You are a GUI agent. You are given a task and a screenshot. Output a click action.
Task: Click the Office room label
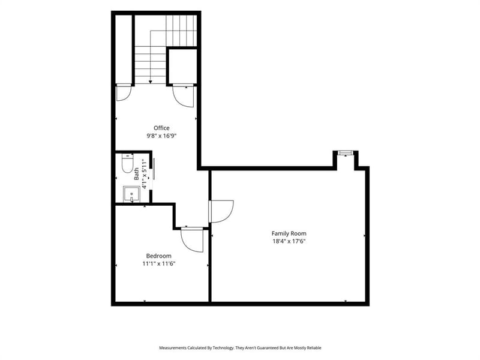point(161,128)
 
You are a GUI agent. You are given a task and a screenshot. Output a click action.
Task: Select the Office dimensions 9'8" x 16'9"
point(161,136)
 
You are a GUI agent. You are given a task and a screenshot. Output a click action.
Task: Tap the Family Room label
point(289,233)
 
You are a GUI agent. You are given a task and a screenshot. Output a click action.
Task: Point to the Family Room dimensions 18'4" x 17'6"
point(289,241)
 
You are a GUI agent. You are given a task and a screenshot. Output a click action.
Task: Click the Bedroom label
point(158,256)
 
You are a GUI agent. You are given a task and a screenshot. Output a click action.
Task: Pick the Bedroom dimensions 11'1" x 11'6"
point(158,263)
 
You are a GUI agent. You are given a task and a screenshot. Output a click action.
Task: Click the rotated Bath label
point(137,173)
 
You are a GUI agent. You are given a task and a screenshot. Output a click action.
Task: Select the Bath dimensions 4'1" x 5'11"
point(144,173)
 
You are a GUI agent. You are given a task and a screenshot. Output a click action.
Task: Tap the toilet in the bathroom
point(127,163)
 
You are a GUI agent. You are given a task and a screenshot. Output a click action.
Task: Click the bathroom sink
point(131,194)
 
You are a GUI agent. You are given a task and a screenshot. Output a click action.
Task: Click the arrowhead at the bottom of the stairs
point(151,82)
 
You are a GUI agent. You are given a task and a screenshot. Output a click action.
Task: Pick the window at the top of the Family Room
point(346,153)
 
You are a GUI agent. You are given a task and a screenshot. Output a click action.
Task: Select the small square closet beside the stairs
point(183,66)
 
